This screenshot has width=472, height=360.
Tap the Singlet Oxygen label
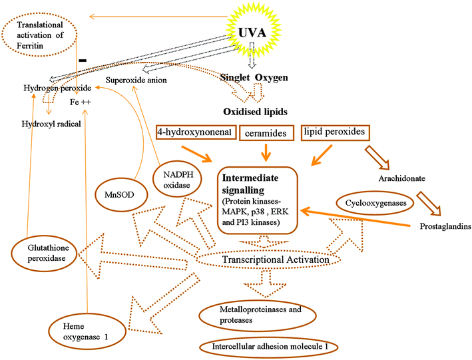[254, 78]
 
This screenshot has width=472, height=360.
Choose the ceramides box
[266, 134]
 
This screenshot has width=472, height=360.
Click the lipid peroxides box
[334, 132]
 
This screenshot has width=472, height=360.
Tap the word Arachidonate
[401, 179]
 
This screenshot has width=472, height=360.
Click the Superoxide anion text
[135, 81]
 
